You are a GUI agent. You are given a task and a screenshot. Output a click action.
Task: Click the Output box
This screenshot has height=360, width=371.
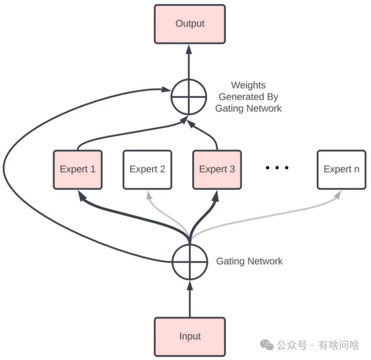pyautogui.click(x=190, y=24)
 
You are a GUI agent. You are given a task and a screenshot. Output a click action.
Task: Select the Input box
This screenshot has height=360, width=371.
pyautogui.click(x=190, y=336)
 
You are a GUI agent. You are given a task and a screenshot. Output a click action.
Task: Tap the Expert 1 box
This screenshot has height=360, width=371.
pyautogui.click(x=78, y=169)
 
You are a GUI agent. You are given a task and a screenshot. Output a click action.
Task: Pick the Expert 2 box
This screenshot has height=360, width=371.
pyautogui.click(x=147, y=169)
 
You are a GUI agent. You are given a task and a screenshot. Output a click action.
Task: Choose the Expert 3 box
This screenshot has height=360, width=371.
pyautogui.click(x=217, y=169)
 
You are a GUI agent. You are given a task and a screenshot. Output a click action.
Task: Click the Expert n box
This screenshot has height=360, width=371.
pyautogui.click(x=341, y=169)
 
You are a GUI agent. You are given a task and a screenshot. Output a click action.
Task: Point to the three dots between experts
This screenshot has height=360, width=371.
pyautogui.click(x=277, y=168)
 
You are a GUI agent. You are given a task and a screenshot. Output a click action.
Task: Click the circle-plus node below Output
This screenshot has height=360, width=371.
pyautogui.click(x=189, y=97)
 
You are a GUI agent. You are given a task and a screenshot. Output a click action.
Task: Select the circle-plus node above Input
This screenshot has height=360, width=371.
pyautogui.click(x=189, y=262)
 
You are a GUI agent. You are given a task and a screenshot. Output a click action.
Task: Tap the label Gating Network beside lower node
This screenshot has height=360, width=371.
pyautogui.click(x=249, y=261)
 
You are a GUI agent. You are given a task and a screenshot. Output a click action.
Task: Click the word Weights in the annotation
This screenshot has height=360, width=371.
pyautogui.click(x=248, y=85)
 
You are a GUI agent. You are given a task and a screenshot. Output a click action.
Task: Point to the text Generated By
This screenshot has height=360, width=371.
pyautogui.click(x=248, y=97)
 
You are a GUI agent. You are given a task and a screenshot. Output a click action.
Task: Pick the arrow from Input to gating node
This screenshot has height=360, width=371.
pyautogui.click(x=189, y=300)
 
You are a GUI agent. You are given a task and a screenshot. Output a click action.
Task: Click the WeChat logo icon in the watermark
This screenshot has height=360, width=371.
pyautogui.click(x=267, y=345)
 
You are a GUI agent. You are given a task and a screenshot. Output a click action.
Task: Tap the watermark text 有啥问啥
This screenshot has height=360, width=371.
pyautogui.click(x=339, y=345)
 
